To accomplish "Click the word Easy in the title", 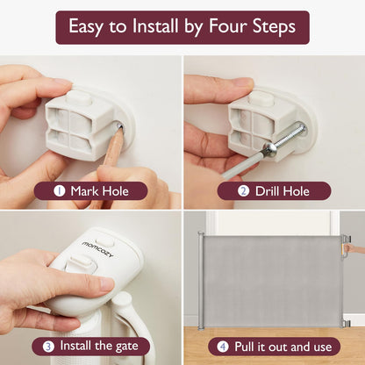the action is point(86,27).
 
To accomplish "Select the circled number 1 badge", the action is point(60,191).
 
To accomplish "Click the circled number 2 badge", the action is point(243,191).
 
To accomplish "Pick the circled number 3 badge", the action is point(48,347).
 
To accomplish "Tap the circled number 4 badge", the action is point(223,347).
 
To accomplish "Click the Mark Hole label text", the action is point(99,191).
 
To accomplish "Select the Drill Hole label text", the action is point(283,191).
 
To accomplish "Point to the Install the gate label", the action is point(99,346).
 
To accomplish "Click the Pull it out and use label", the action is point(283,347).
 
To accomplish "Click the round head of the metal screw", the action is point(269,149).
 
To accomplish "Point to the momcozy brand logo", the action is point(97,249).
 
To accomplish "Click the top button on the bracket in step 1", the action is point(80,97).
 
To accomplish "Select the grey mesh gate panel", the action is point(272,281).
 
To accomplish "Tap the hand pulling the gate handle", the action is point(354,249).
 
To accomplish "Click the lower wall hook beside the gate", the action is point(347,323).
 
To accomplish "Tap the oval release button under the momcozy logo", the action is point(81,261).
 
